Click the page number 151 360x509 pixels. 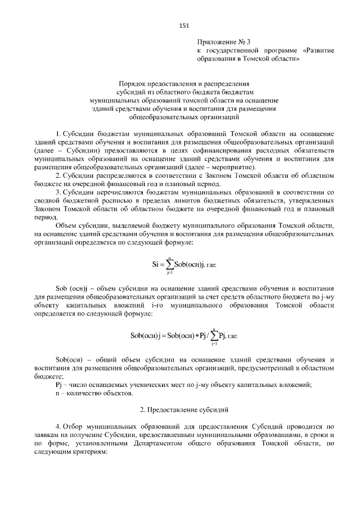pyautogui.click(x=183, y=25)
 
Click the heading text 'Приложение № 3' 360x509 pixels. pyautogui.click(x=223, y=42)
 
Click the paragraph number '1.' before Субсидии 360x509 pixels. pyautogui.click(x=58, y=135)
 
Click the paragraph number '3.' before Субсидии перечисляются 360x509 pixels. pyautogui.click(x=58, y=192)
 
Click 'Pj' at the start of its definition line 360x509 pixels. pyautogui.click(x=58, y=385)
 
